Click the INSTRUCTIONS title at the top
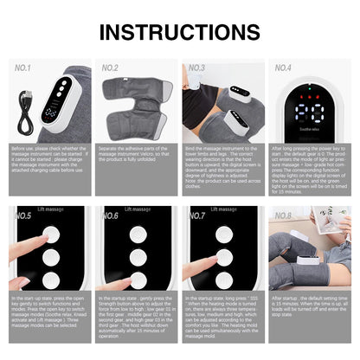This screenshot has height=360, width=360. coord(180,32)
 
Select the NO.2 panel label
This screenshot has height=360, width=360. coord(110,67)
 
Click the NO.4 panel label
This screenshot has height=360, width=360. coord(283,67)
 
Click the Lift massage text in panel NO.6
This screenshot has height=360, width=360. coord(138,209)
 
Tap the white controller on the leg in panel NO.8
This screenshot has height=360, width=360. coord(307,255)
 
